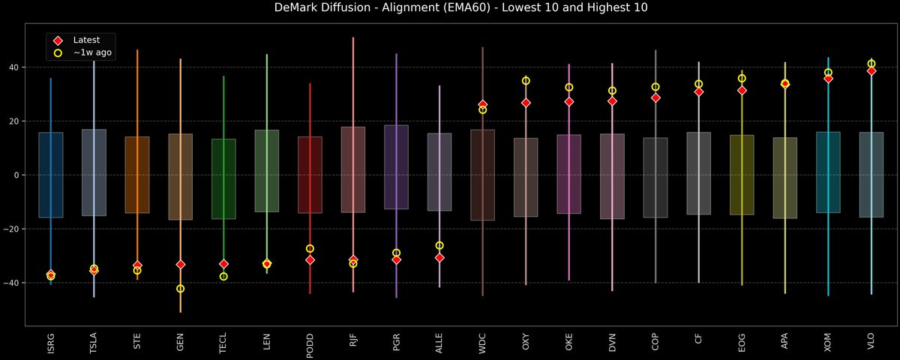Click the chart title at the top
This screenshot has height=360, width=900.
450,8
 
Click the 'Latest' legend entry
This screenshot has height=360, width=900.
86,40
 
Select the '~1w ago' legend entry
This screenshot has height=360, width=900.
92,53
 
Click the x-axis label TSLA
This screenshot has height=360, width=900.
94,343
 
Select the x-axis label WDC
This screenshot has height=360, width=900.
482,343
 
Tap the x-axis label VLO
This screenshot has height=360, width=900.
871,343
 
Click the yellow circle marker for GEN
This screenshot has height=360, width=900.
180,289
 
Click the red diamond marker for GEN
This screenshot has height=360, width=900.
180,265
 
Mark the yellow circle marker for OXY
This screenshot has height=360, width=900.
526,81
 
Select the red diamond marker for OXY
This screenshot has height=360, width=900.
526,103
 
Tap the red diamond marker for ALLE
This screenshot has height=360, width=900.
439,258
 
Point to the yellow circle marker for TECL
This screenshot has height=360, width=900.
223,277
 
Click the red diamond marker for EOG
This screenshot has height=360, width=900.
742,91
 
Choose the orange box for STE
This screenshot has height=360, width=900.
137,175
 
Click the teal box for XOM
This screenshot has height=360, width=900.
828,172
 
